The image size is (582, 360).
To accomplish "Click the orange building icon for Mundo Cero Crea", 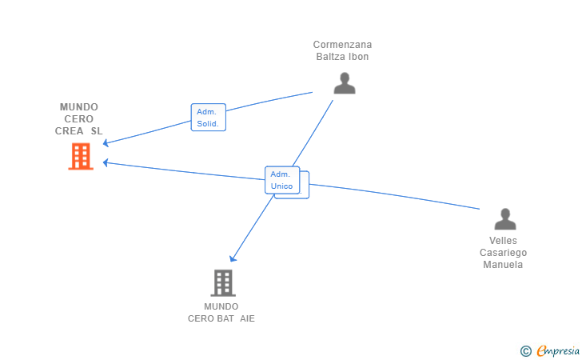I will coord(80,156).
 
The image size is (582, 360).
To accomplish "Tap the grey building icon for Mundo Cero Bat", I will coord(222,282).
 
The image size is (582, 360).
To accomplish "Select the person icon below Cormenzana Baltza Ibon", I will coord(344,82).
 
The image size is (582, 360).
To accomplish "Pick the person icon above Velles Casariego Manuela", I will coord(504,219).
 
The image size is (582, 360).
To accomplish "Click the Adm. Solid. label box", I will coord(209,118).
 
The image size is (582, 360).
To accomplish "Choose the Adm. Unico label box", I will coord(282,180).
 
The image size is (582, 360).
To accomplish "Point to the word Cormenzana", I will coord(342,45).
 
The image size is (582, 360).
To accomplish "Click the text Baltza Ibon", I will coord(342,57).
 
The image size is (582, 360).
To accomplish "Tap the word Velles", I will coord(503,241).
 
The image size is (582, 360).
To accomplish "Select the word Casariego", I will coord(503,253).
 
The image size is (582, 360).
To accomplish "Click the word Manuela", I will coord(503,265).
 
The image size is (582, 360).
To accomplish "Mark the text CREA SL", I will coord(78,131).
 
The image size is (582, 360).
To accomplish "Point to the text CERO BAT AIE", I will coord(221,318).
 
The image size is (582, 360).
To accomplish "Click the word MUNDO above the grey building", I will coord(221,306).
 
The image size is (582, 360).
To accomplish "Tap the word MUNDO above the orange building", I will coord(78,107).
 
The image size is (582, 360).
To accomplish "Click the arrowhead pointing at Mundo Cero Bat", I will coord(233,258).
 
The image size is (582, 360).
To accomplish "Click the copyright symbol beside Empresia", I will coord(525,350).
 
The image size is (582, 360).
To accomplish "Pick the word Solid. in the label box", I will coord(208,124).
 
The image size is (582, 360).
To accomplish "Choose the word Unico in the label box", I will coord(281,186).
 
